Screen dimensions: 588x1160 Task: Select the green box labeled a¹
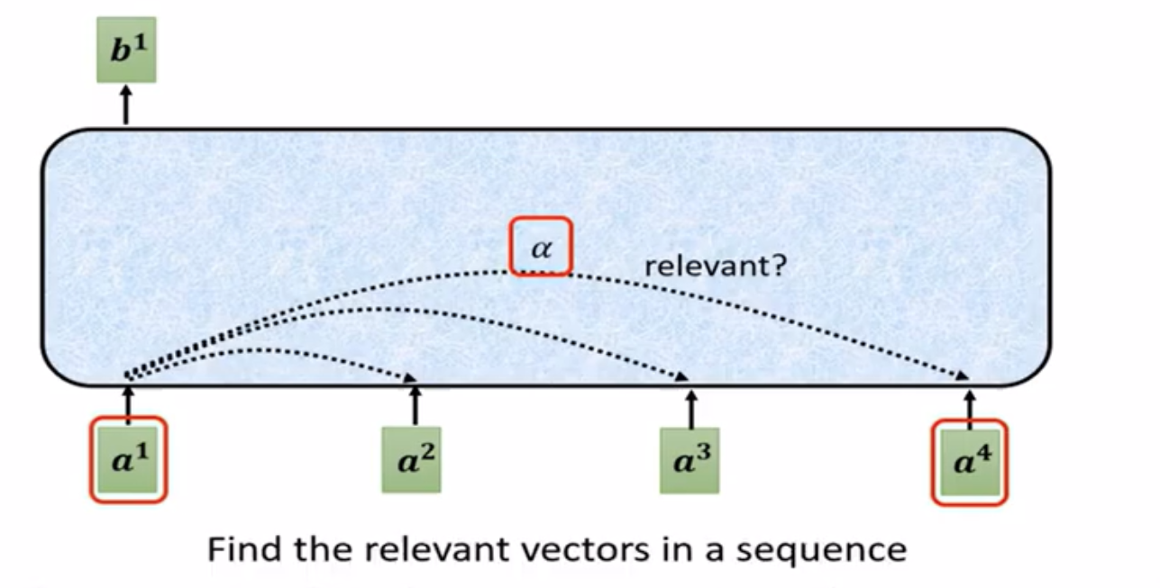tap(128, 459)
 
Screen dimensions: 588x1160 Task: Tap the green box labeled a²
tap(411, 459)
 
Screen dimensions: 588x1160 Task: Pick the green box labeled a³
tap(689, 460)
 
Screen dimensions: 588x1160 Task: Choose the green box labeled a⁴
tap(969, 462)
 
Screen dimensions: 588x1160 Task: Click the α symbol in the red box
tap(540, 247)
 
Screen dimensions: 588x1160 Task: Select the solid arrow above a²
tap(414, 407)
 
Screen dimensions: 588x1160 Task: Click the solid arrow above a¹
tap(128, 403)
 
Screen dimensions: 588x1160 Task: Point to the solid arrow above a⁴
tap(970, 406)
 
